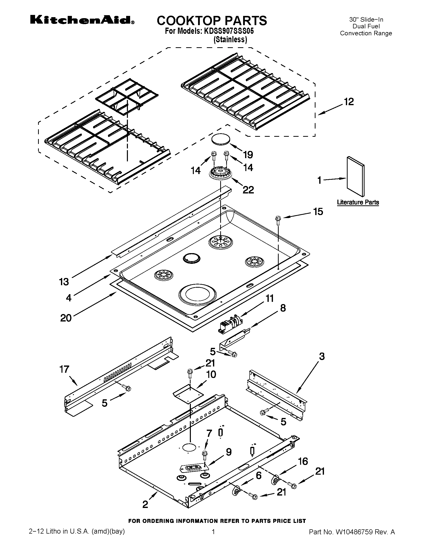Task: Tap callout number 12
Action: point(349,102)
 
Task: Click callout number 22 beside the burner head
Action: point(248,190)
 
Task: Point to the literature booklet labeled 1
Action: point(355,177)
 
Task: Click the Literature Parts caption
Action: point(358,202)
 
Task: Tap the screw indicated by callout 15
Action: point(278,219)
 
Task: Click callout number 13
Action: point(64,282)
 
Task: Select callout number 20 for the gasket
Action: point(66,318)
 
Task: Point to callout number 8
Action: point(283,308)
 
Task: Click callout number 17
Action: point(64,369)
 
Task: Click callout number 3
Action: point(322,356)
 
